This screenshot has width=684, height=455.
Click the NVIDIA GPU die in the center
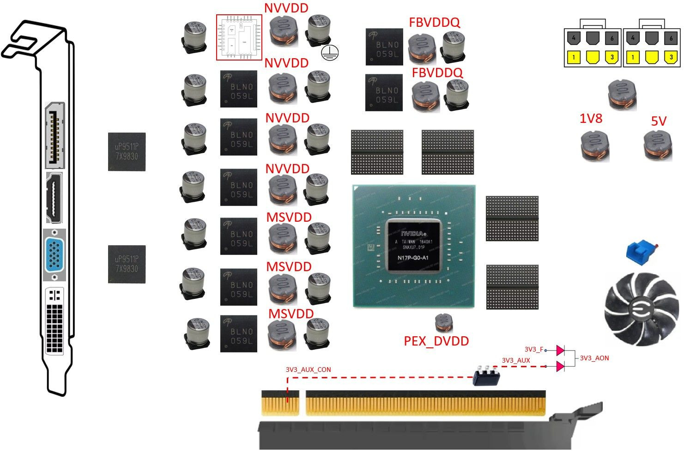click(x=414, y=246)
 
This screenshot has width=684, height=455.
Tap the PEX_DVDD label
click(x=436, y=341)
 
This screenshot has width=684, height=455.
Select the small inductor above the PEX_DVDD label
click(x=444, y=322)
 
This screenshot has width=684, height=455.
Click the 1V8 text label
click(x=591, y=119)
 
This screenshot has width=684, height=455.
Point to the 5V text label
click(x=658, y=121)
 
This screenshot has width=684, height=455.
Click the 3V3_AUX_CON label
click(x=308, y=370)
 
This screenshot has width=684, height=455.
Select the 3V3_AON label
click(x=594, y=358)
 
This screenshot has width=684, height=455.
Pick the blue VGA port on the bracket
click(x=54, y=255)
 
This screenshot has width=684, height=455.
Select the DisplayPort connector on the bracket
click(x=55, y=135)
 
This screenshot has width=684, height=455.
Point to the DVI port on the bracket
click(x=55, y=322)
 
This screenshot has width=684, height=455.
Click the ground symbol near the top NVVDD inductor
click(x=329, y=53)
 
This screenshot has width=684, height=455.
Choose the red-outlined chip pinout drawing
click(x=239, y=37)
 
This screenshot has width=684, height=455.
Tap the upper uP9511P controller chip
click(x=127, y=152)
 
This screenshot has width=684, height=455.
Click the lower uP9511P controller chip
click(x=127, y=264)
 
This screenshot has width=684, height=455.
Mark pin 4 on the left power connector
click(x=573, y=38)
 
